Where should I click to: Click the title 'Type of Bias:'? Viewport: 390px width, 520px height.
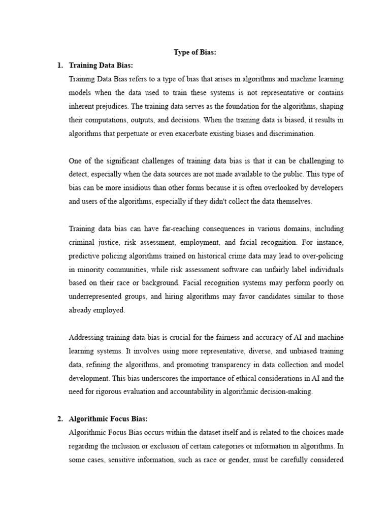tap(195, 52)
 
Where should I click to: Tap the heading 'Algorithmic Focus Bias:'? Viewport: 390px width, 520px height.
tap(108, 419)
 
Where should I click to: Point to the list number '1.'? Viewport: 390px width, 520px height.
tap(60, 66)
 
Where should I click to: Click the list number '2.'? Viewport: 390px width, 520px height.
tap(60, 419)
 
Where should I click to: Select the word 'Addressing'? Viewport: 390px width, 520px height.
tap(86, 338)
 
